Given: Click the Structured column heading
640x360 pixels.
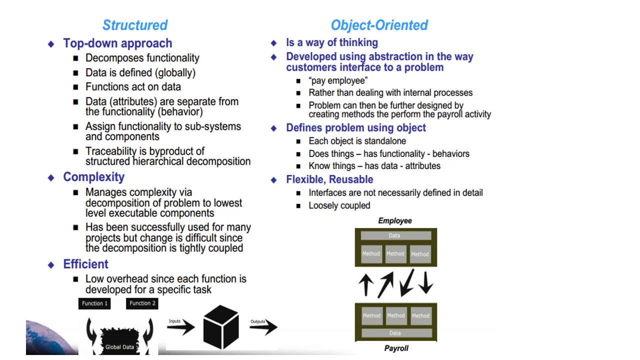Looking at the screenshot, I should pos(135,25).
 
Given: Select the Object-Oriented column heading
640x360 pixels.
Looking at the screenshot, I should pos(379,25).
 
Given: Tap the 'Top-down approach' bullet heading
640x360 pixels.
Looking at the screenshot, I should pos(117,43).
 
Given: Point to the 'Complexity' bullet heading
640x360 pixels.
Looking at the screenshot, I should pos(93,177).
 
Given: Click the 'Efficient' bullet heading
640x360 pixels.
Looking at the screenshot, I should pos(85,264).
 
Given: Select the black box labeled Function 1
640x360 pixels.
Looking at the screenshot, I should pos(94,303).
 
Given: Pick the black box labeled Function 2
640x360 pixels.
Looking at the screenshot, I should pos(142,303).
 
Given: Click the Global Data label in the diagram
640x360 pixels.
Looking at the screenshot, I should pos(119,347).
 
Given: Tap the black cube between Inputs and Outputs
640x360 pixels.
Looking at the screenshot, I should pos(220,327).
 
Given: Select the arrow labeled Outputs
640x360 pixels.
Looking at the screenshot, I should pos(263,327).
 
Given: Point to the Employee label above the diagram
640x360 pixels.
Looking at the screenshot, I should pos(395,220).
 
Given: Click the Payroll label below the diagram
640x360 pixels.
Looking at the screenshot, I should pos(396,348).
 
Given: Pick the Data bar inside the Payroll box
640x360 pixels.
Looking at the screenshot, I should pos(395,333).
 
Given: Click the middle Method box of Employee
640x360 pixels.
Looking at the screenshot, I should pos(395,253).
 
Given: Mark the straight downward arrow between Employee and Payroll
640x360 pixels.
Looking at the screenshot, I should pos(425,282).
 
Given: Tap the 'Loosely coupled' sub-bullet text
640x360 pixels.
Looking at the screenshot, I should pos(339,205).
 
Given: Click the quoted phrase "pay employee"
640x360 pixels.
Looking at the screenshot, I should pos(338,80).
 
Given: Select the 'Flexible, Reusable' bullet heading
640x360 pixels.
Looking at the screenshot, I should pos(329,179).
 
